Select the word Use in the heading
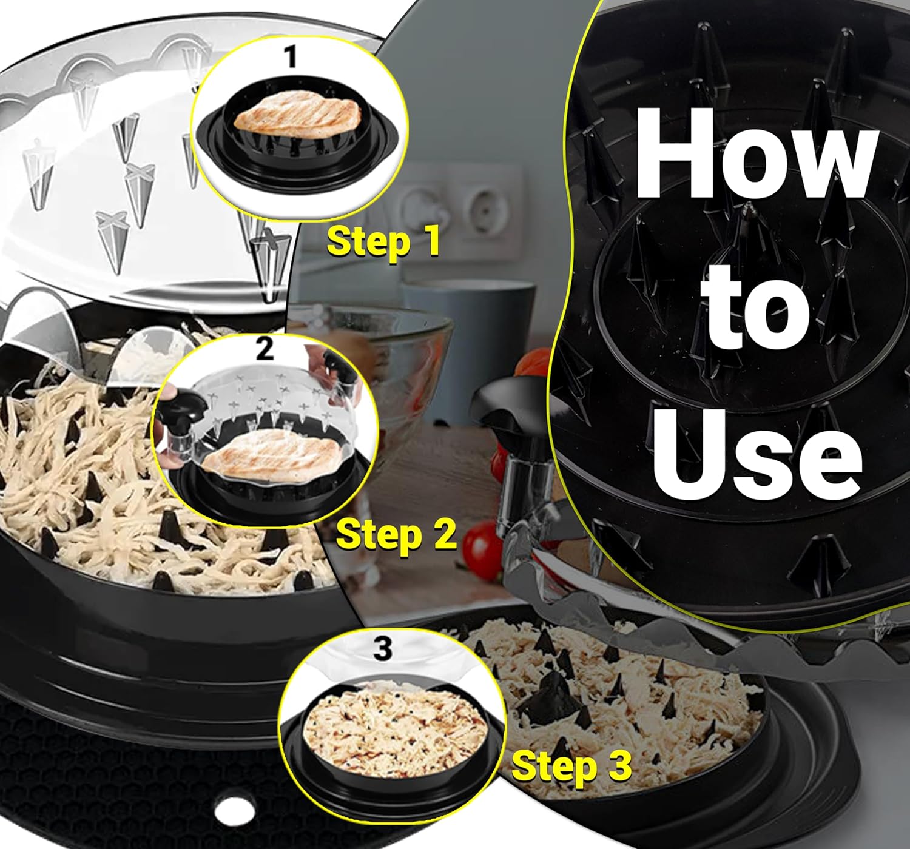(x=755, y=451)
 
